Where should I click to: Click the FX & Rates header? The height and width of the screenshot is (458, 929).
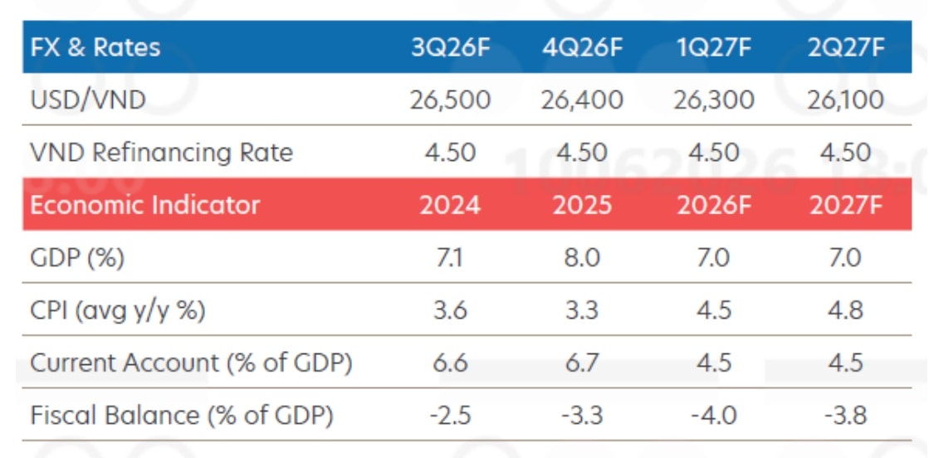point(95,47)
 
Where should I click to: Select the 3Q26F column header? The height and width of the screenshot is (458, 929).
point(451,47)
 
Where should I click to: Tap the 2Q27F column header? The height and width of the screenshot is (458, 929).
point(846,47)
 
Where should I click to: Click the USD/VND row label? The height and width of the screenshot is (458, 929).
point(88,100)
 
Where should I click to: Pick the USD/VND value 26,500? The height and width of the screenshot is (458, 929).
point(451,100)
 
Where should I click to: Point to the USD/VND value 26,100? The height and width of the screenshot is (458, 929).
point(845,100)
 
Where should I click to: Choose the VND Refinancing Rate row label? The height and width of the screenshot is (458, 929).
point(162,153)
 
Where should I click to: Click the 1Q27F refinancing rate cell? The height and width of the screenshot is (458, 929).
point(714,153)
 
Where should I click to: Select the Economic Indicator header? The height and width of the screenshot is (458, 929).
point(145,205)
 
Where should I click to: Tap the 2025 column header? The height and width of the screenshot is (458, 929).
point(583,206)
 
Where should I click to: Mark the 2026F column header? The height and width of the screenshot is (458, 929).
point(714,206)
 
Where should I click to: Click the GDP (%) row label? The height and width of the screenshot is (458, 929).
point(77,258)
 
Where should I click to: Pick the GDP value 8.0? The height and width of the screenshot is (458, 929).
point(583,258)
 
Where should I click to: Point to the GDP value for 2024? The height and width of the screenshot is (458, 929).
point(451,258)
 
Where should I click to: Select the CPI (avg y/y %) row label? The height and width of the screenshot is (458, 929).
point(118,311)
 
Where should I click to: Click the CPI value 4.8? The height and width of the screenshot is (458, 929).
point(846,311)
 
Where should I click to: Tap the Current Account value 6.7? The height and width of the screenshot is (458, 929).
point(583,363)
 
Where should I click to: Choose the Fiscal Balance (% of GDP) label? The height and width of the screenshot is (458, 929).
point(182,416)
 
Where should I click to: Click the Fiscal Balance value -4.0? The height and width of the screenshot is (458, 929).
point(714,416)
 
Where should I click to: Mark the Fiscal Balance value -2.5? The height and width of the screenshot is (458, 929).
point(451,416)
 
